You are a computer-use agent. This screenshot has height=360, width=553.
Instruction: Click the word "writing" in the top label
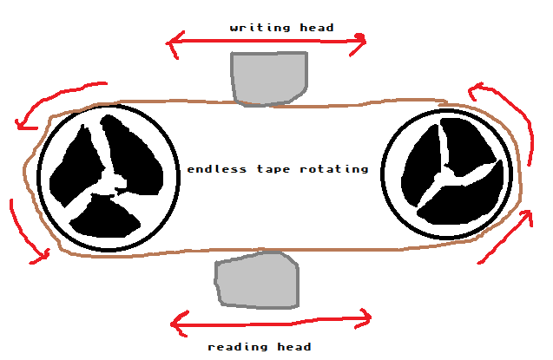(x=260, y=28)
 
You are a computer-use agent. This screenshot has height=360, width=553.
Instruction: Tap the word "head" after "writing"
(x=317, y=28)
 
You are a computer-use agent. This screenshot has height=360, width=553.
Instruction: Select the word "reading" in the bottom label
(x=238, y=347)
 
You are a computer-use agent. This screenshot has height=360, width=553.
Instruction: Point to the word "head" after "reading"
(x=294, y=347)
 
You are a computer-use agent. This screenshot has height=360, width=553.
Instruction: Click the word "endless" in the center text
(x=216, y=169)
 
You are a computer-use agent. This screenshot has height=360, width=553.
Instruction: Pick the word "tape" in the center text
(x=273, y=170)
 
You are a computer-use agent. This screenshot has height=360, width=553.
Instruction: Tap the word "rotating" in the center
(x=334, y=170)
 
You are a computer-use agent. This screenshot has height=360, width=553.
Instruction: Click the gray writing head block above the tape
(x=269, y=77)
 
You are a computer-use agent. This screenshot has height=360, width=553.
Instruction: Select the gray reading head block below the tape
(x=258, y=280)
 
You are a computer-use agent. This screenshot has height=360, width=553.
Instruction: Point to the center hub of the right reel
(x=446, y=175)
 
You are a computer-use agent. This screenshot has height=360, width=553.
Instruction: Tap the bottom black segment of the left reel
(x=104, y=217)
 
